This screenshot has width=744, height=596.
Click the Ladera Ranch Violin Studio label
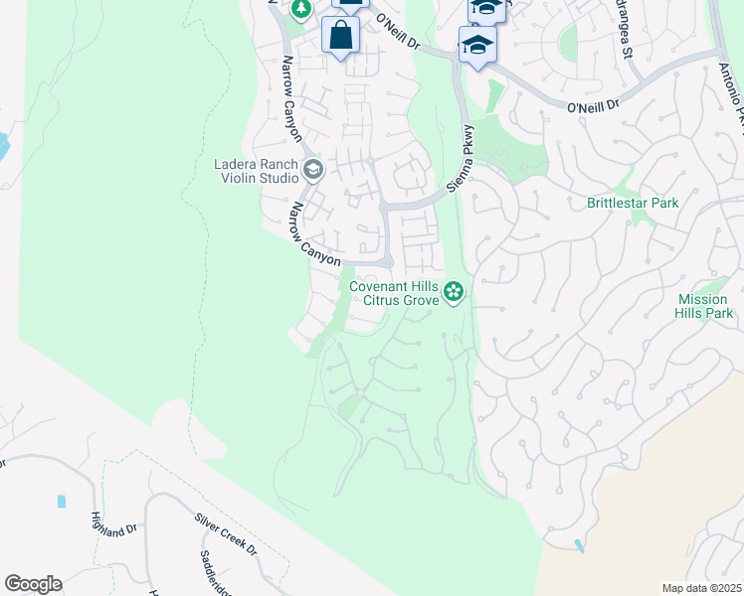click(257, 171)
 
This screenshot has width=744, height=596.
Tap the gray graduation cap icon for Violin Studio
click(313, 170)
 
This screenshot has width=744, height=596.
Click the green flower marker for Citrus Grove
click(454, 291)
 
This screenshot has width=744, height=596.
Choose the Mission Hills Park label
click(705, 306)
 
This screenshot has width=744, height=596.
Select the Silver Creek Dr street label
click(226, 535)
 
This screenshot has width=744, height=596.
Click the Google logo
click(33, 584)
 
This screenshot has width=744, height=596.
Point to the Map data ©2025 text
click(700, 588)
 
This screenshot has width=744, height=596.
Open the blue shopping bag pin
click(340, 36)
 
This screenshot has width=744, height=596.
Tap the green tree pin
click(300, 8)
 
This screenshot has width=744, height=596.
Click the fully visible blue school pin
click(477, 46)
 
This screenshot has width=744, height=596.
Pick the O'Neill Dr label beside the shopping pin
click(398, 33)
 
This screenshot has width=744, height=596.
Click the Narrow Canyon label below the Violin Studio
click(315, 233)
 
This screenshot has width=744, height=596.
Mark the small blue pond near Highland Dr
click(62, 502)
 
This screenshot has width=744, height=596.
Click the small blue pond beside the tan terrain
click(580, 545)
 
